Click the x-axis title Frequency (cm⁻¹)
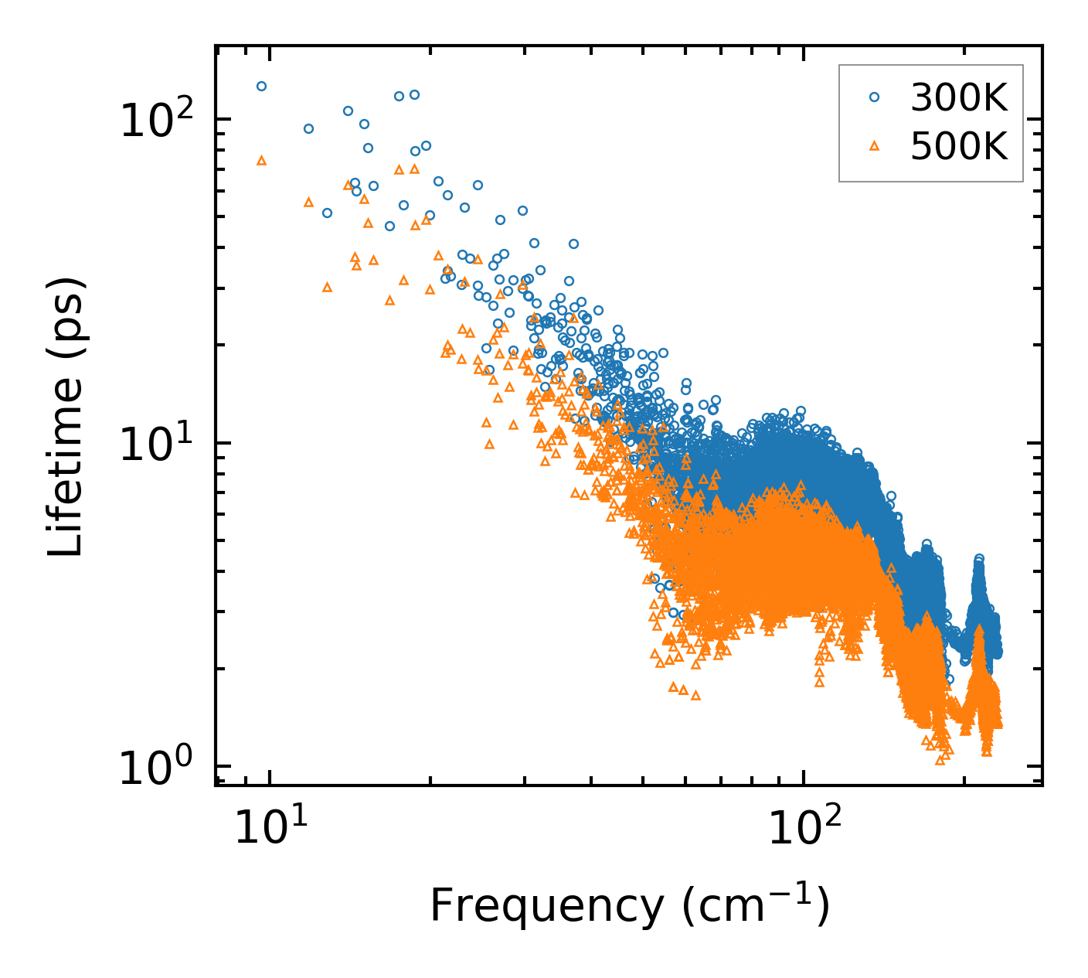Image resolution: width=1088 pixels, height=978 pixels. (x=629, y=905)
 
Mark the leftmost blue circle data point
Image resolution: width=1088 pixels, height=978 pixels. (x=261, y=87)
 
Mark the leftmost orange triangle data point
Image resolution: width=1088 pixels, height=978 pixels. (x=261, y=160)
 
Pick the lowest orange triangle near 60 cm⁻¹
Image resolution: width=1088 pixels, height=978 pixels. (x=695, y=695)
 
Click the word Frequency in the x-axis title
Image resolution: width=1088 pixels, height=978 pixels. (x=546, y=907)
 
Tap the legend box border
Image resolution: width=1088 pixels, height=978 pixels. (x=840, y=124)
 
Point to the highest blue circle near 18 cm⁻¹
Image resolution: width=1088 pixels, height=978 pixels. (x=414, y=95)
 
